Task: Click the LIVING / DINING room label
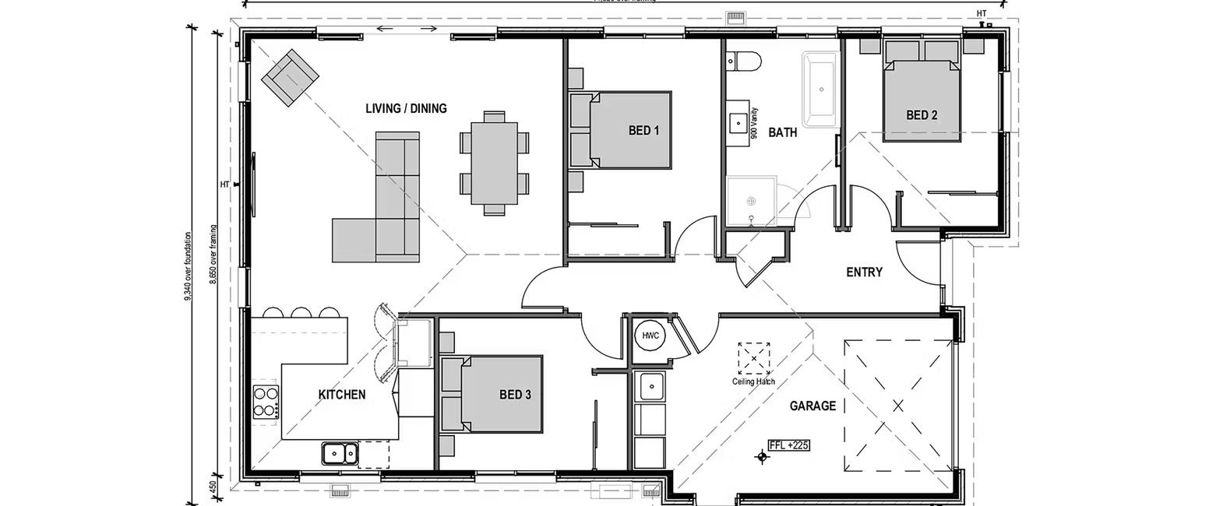[x=406, y=108]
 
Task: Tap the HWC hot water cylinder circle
[x=650, y=336]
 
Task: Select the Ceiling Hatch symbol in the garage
[x=753, y=357]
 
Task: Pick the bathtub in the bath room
[x=821, y=90]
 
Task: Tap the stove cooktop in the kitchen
[x=266, y=402]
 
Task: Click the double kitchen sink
[x=340, y=452]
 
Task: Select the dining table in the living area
[x=494, y=163]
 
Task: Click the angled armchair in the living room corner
[x=289, y=78]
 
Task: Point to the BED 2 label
[x=921, y=115]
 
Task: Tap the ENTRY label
[x=864, y=272]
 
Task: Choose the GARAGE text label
[x=812, y=406]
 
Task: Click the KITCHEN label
[x=341, y=395]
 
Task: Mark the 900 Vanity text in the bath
[x=754, y=122]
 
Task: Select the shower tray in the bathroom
[x=751, y=201]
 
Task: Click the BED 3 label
[x=514, y=395]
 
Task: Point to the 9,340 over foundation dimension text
[x=189, y=265]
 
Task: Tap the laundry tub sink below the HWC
[x=651, y=385]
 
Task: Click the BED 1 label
[x=643, y=131]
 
